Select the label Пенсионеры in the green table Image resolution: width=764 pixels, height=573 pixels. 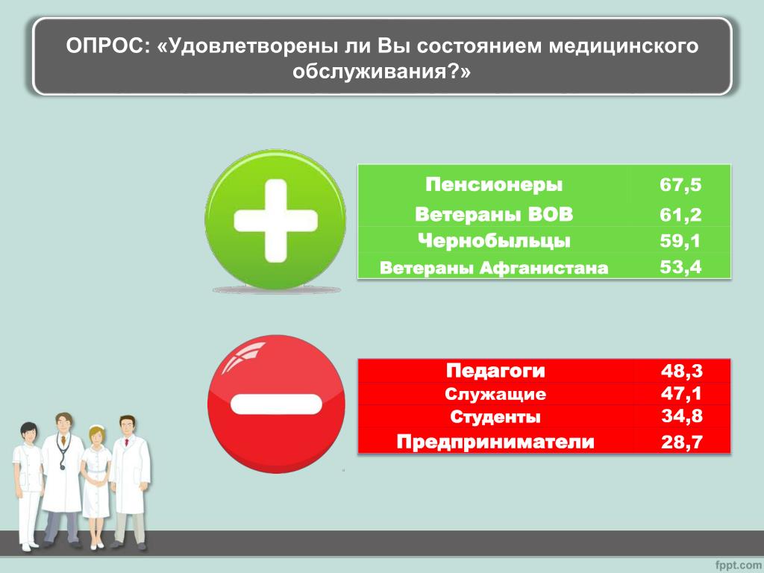coord(494,185)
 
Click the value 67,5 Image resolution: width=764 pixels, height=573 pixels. coord(680,185)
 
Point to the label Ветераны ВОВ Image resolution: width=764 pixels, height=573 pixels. coord(494,215)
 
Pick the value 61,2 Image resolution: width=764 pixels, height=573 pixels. coord(680,215)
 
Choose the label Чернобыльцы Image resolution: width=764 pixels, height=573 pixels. coord(494,241)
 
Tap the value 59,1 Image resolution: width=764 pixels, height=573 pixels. coord(680,241)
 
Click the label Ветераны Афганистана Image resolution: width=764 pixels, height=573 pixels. coord(494,268)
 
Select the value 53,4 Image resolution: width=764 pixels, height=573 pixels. coord(680,267)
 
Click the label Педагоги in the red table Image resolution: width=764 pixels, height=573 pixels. coord(495,371)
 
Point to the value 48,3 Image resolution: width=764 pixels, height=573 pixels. coord(682,372)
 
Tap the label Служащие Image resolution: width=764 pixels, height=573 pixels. coord(495,394)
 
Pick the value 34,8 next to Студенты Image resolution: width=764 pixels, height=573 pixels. coord(682,416)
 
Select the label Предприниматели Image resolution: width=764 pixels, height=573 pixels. coord(495,442)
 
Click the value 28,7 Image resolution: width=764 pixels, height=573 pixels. coord(682,442)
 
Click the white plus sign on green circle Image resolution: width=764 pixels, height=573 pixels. coord(276,221)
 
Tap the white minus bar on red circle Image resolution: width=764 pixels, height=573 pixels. coord(276,404)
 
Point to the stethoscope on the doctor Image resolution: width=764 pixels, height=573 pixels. coord(63,451)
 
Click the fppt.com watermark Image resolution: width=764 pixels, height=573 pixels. coord(738,566)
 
